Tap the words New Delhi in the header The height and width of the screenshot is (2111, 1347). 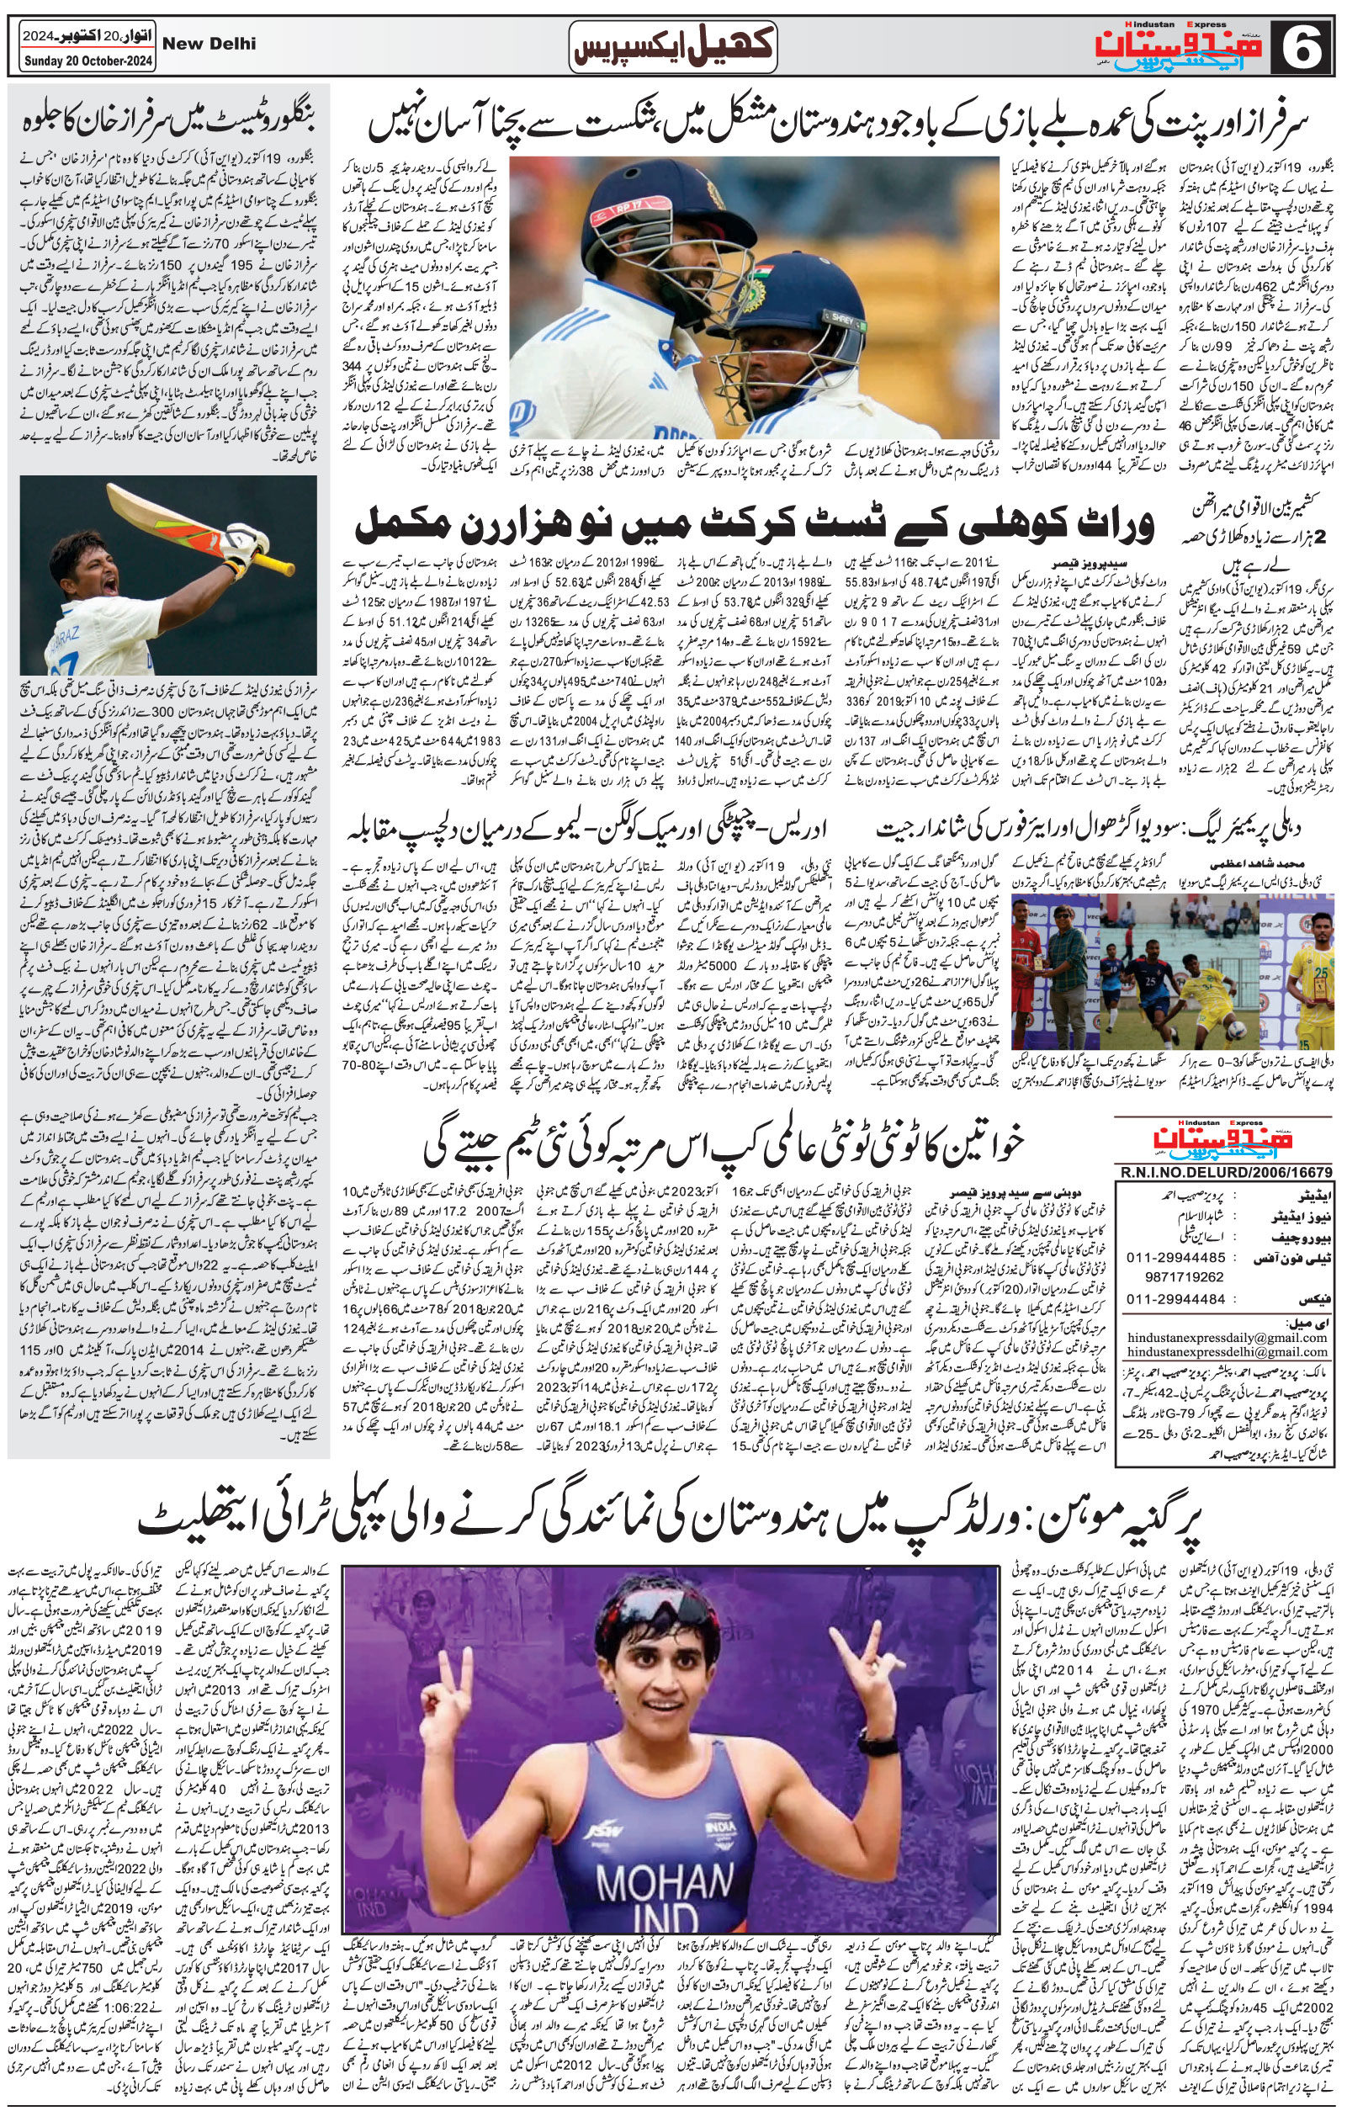click(210, 44)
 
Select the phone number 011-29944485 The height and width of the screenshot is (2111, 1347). click(1164, 1256)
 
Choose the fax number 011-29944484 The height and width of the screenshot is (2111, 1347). click(1164, 1299)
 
